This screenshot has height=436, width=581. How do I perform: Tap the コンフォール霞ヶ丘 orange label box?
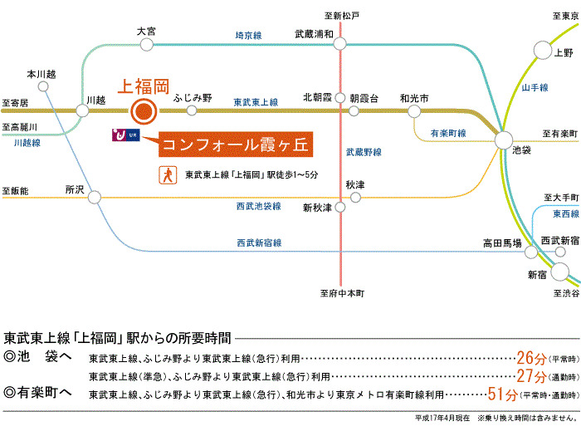[x=235, y=145]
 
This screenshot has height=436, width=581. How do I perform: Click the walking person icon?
[x=169, y=175]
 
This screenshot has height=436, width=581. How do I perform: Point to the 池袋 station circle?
[x=504, y=140]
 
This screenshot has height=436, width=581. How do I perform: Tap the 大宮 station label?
[x=146, y=31]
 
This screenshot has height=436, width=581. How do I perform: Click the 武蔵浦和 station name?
[x=314, y=34]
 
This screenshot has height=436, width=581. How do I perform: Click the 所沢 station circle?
[x=95, y=198]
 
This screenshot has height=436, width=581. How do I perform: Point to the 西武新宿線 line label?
[x=259, y=242]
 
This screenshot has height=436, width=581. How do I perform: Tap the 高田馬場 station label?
[x=502, y=243]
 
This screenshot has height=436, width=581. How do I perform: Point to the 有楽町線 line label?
[x=448, y=133]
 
